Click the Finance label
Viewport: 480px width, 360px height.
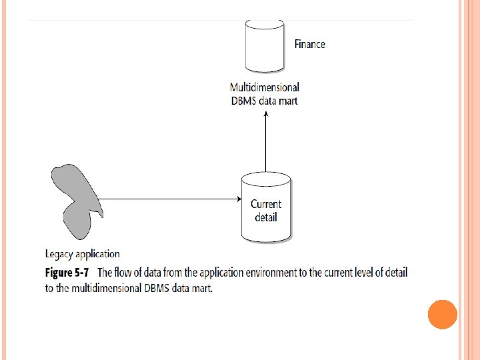pos(310,44)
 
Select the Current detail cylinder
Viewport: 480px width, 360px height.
pos(266,207)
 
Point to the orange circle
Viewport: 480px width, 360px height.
pos(443,314)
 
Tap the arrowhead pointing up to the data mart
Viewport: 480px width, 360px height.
pos(266,115)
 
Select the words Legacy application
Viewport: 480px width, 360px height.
pos(83,253)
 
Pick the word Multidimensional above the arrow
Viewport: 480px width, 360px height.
pos(265,87)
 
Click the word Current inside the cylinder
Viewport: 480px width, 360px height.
pos(266,204)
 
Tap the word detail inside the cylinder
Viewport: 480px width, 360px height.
pos(266,217)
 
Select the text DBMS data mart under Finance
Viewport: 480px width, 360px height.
pos(265,101)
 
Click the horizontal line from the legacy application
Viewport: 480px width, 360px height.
pos(167,199)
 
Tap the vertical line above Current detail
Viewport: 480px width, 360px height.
pos(266,143)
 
